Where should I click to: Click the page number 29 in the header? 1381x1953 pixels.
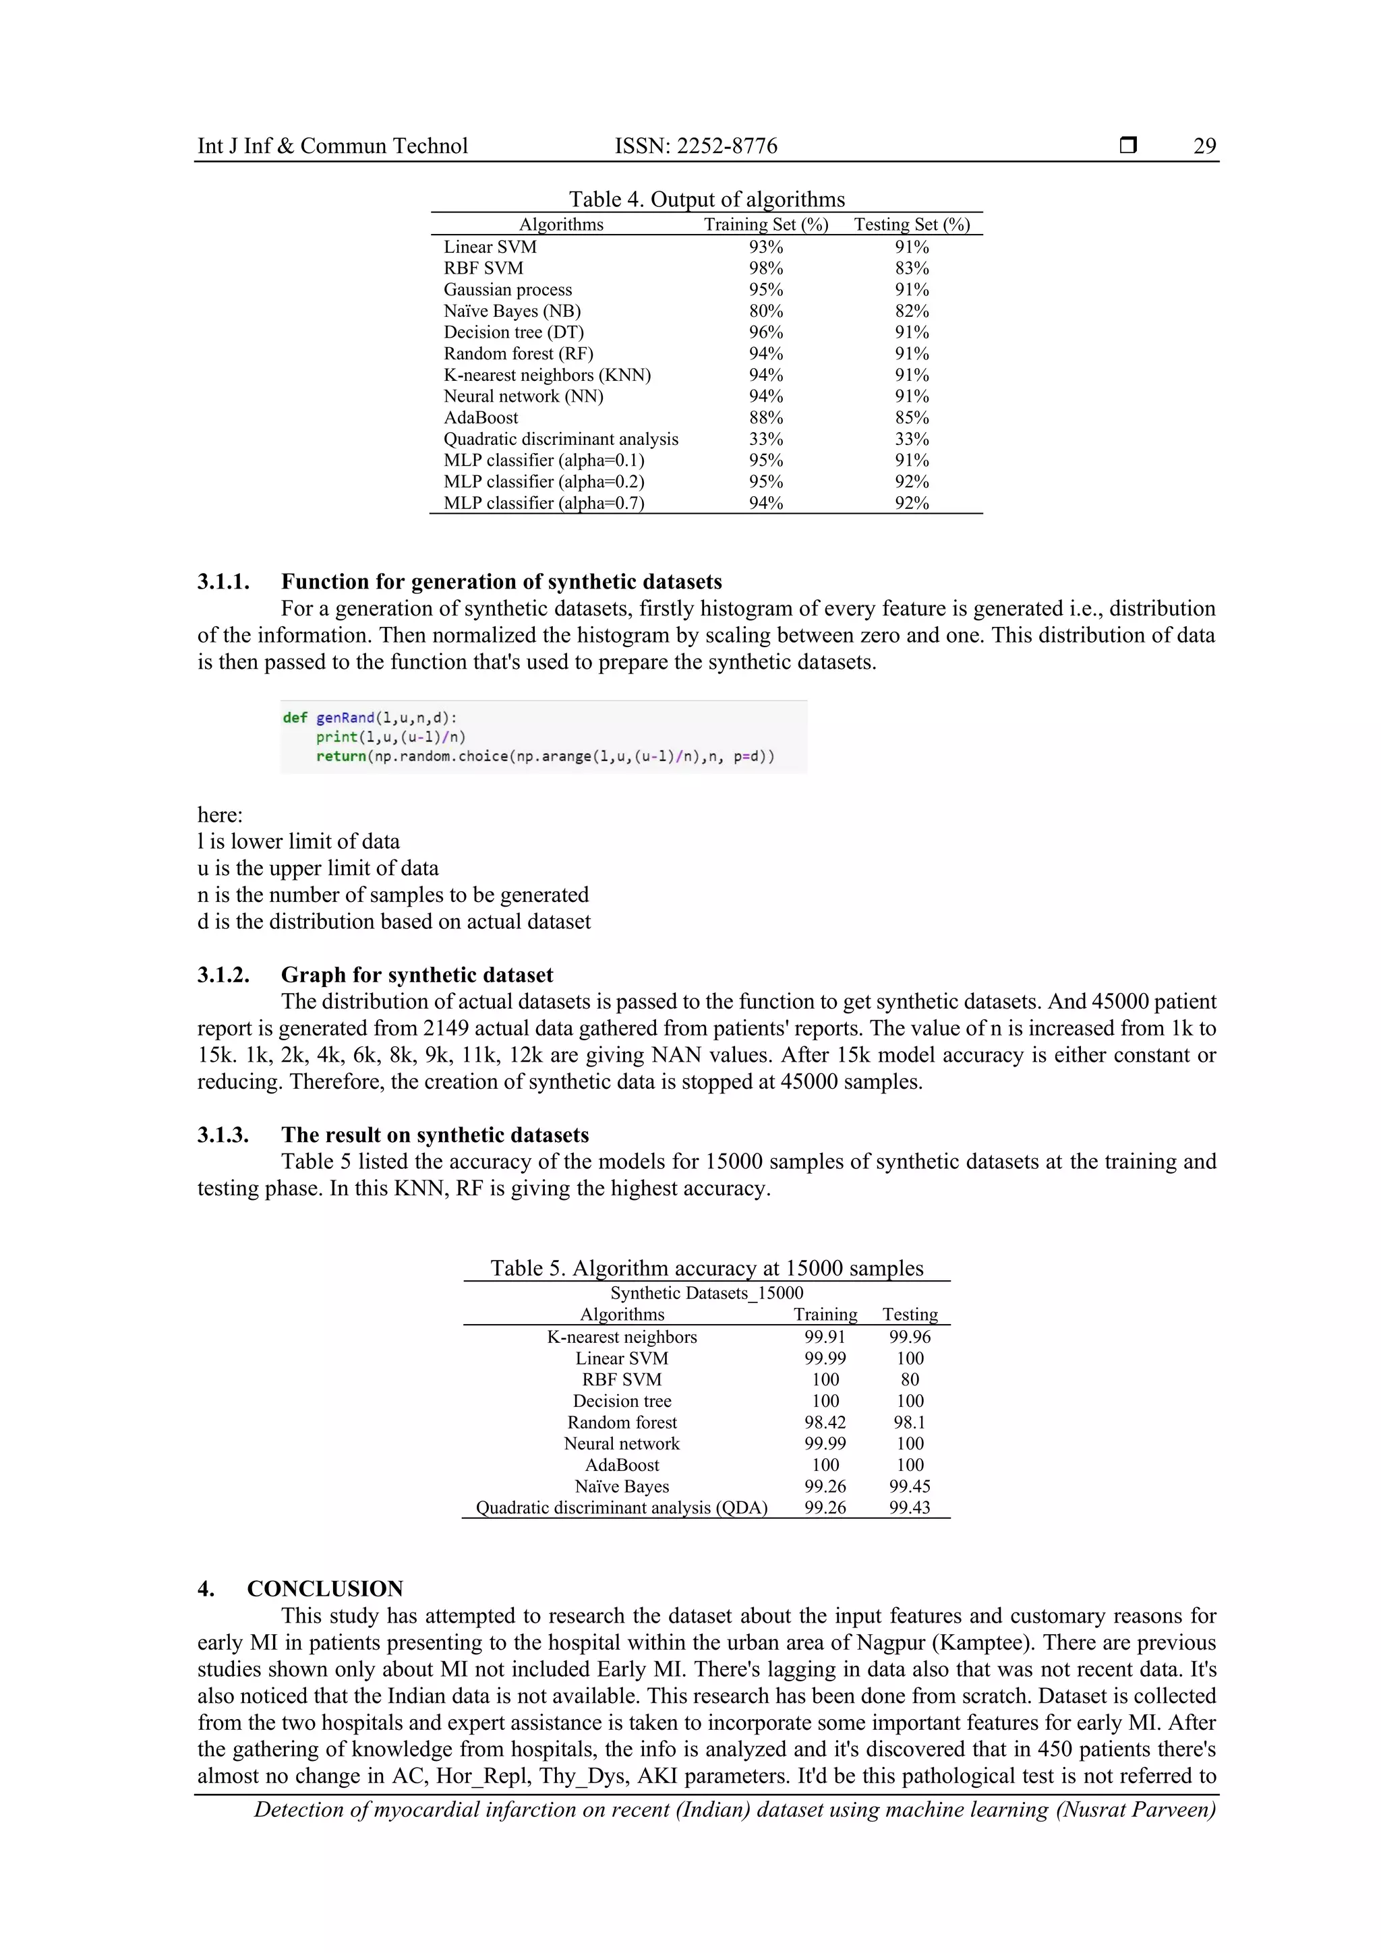pyautogui.click(x=1204, y=146)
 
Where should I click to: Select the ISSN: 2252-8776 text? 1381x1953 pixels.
pyautogui.click(x=696, y=146)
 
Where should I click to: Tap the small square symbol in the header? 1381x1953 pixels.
pyautogui.click(x=1128, y=146)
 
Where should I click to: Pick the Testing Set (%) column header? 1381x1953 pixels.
pyautogui.click(x=911, y=224)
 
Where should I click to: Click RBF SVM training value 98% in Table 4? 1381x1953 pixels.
pyautogui.click(x=766, y=268)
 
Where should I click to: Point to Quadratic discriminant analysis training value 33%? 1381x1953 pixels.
pyautogui.click(x=766, y=439)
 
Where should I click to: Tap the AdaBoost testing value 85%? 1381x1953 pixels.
pyautogui.click(x=911, y=418)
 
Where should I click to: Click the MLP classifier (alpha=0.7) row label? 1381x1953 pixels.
pyautogui.click(x=543, y=503)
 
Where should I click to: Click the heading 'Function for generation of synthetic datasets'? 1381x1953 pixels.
pyautogui.click(x=501, y=582)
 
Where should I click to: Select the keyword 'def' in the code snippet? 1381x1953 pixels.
pyautogui.click(x=295, y=718)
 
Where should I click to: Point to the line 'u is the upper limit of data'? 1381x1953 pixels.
pyautogui.click(x=318, y=868)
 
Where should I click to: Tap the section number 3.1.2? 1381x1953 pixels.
pyautogui.click(x=223, y=975)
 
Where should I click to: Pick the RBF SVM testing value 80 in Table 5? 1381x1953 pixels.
pyautogui.click(x=910, y=1380)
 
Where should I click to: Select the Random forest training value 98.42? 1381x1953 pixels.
pyautogui.click(x=825, y=1422)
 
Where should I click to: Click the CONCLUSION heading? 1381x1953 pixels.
pyautogui.click(x=325, y=1589)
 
